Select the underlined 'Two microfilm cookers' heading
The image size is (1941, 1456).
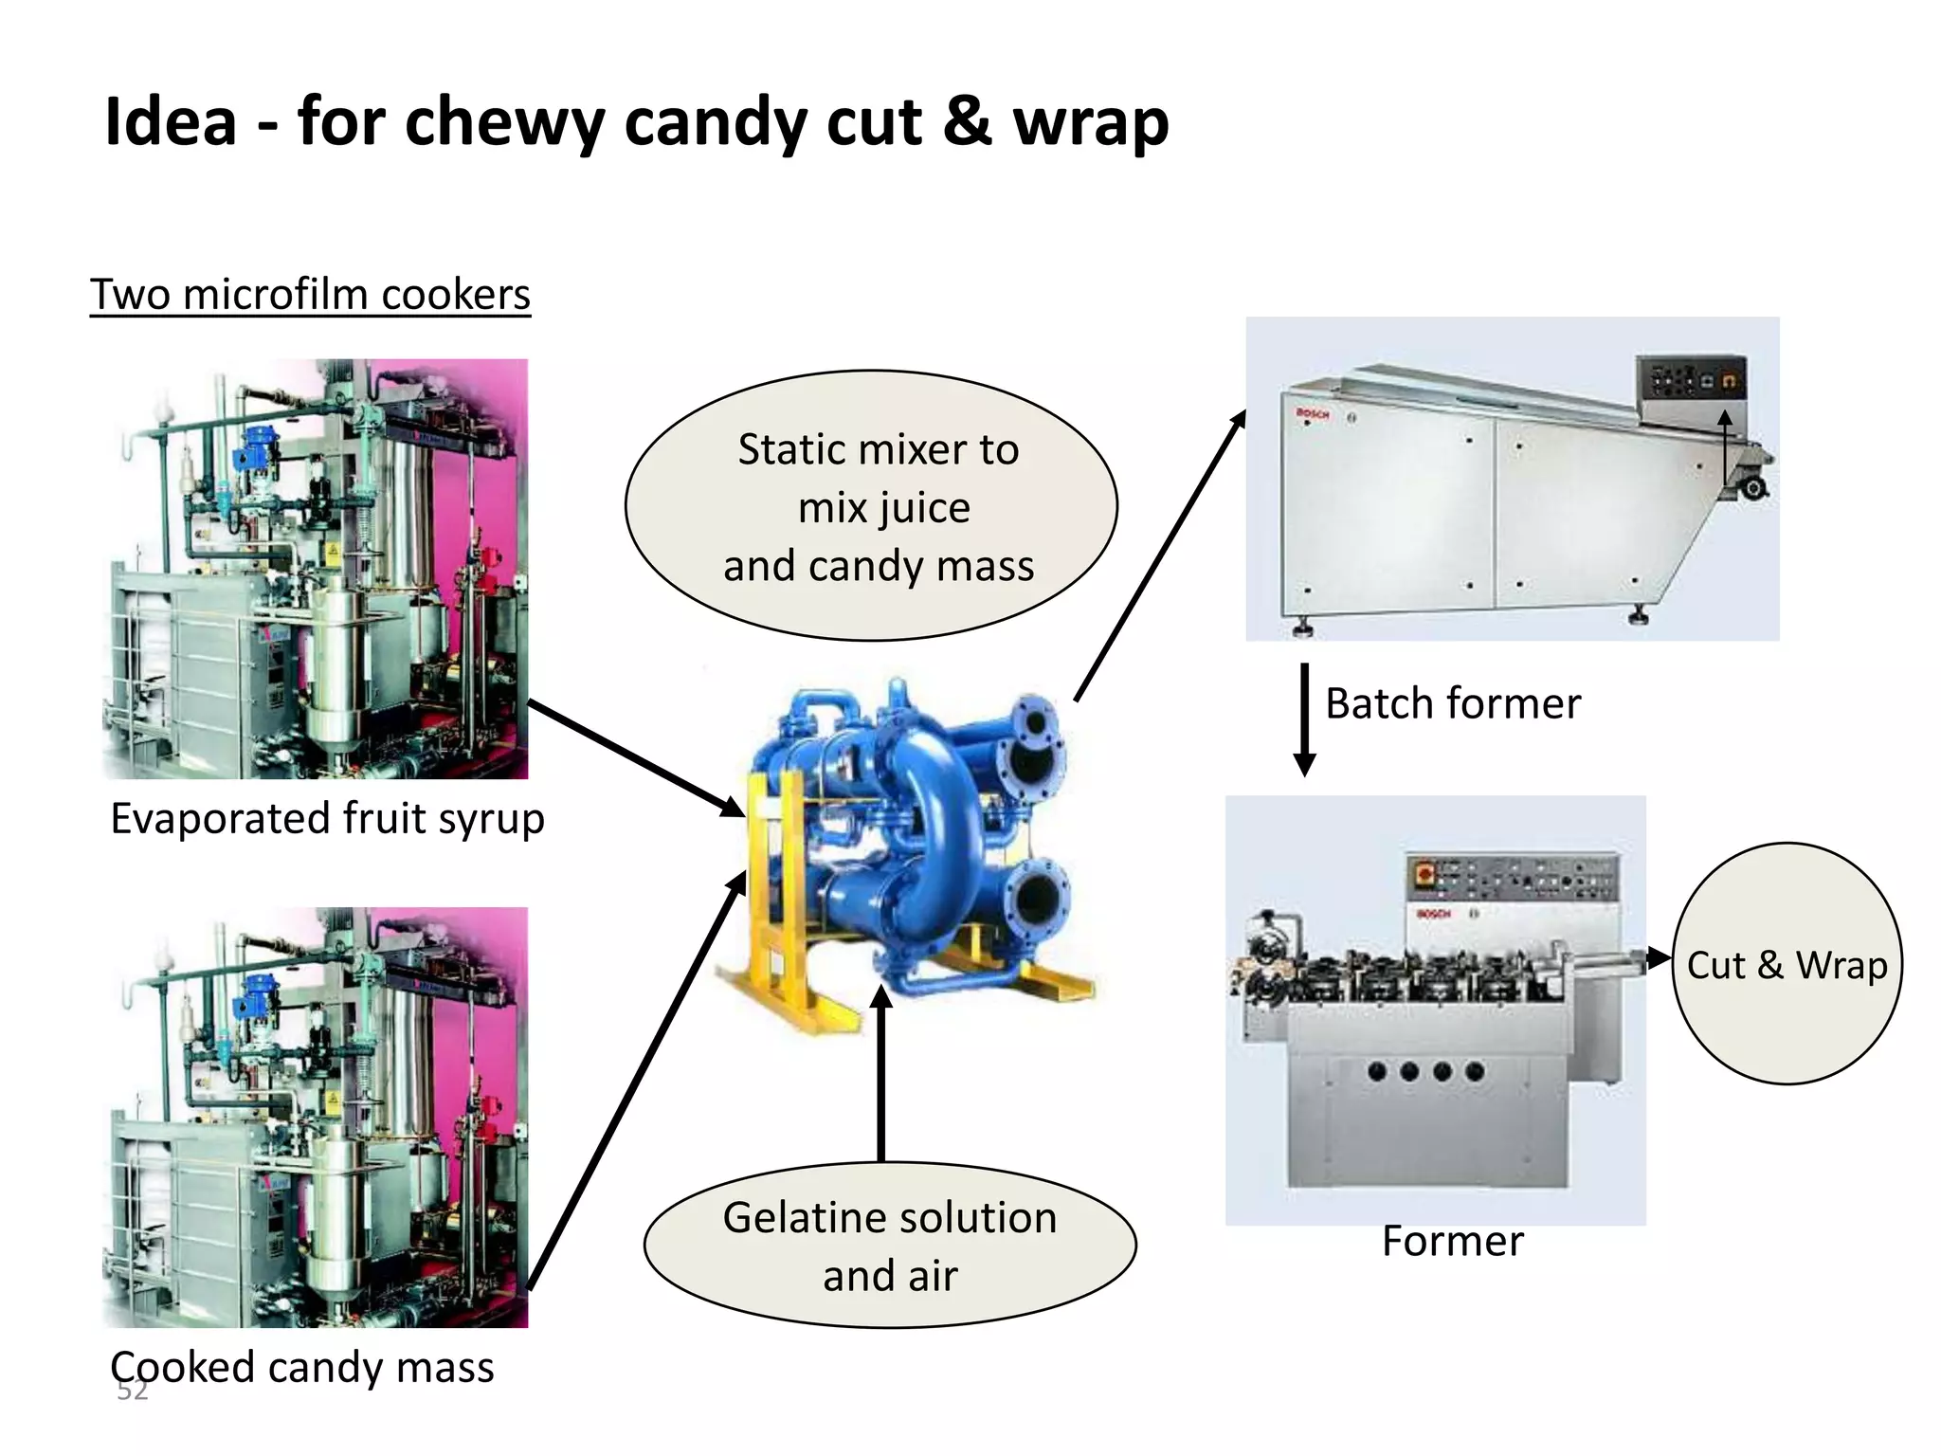click(310, 295)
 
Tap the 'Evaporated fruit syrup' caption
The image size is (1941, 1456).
click(327, 819)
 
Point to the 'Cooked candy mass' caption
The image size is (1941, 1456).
click(302, 1368)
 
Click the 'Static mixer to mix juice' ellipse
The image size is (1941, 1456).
click(871, 506)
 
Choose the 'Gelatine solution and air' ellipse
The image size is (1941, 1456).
click(889, 1246)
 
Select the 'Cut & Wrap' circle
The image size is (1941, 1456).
click(1787, 964)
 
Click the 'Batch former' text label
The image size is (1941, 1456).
click(1452, 704)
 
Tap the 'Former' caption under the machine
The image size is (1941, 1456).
click(1452, 1242)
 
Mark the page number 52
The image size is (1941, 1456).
click(132, 1391)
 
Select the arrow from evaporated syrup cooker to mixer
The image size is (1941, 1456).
click(635, 757)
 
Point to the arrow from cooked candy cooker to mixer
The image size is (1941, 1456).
click(635, 1081)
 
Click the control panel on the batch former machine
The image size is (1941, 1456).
click(1692, 382)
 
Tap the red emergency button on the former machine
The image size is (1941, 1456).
click(1424, 871)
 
